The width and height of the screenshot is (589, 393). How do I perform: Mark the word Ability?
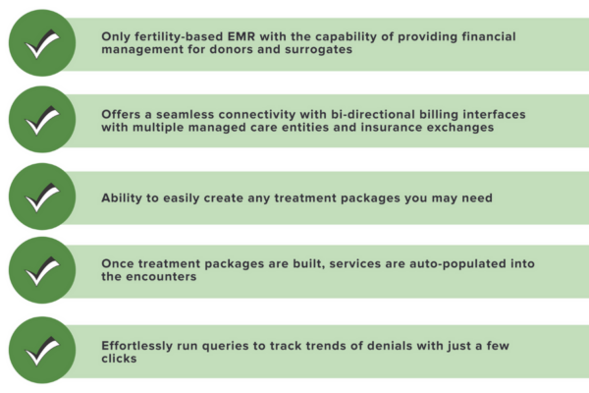coord(124,197)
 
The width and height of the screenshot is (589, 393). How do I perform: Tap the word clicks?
coord(121,360)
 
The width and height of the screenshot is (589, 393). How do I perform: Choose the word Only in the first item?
coord(119,35)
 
